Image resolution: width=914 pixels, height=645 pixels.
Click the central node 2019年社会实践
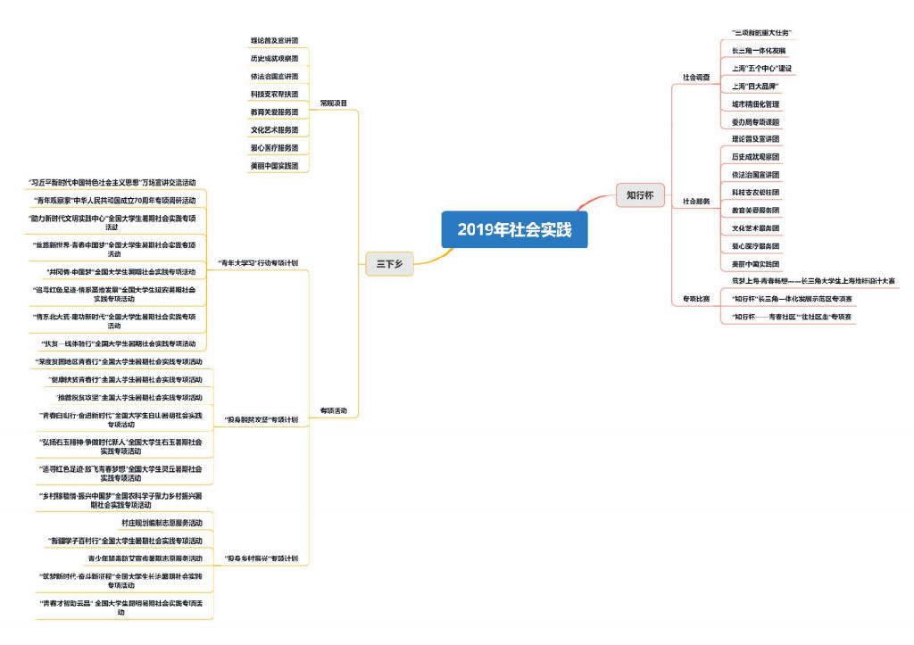[x=513, y=229]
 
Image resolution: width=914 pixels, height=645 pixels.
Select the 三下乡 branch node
[x=389, y=263]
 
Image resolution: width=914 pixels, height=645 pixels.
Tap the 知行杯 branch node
[x=640, y=194]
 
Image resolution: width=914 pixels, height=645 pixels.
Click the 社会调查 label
[x=696, y=78]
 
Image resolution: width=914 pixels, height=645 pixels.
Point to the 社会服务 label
[x=696, y=202]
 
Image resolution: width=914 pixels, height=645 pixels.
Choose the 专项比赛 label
[x=696, y=298]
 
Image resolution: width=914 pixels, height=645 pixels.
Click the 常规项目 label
[x=334, y=103]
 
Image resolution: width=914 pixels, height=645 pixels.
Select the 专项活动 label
[x=334, y=410]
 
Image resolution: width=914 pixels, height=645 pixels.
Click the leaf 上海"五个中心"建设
[x=761, y=69]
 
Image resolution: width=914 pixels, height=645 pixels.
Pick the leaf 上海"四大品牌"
[x=756, y=87]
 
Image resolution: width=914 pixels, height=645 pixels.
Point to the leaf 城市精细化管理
[x=755, y=104]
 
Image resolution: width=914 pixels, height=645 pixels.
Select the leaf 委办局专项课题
[x=755, y=122]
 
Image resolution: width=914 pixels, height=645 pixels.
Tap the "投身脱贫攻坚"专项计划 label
[x=260, y=418]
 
